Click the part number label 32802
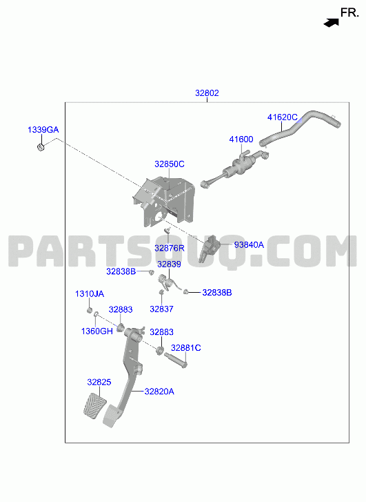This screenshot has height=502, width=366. [x=207, y=93]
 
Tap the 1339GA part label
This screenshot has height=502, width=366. [x=43, y=130]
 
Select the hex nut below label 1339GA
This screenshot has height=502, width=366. [x=41, y=147]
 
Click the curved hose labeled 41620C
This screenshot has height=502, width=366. [x=300, y=128]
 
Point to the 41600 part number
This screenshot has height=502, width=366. [x=241, y=139]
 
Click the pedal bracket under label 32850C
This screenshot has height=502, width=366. [x=163, y=202]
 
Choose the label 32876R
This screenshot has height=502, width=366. [x=170, y=248]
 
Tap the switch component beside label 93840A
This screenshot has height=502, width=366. [x=210, y=249]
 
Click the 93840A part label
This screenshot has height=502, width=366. [x=249, y=245]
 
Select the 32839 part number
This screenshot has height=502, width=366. [x=169, y=264]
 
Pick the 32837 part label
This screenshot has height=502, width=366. [x=161, y=309]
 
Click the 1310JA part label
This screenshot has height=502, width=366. [x=90, y=294]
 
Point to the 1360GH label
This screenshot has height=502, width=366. [x=97, y=331]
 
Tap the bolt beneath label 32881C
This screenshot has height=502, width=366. [x=176, y=360]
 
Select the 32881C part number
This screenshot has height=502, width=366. [x=186, y=348]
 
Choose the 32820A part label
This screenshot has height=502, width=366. [x=159, y=392]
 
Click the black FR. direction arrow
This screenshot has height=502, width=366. [x=331, y=23]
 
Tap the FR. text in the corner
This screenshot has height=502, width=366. [x=349, y=13]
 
